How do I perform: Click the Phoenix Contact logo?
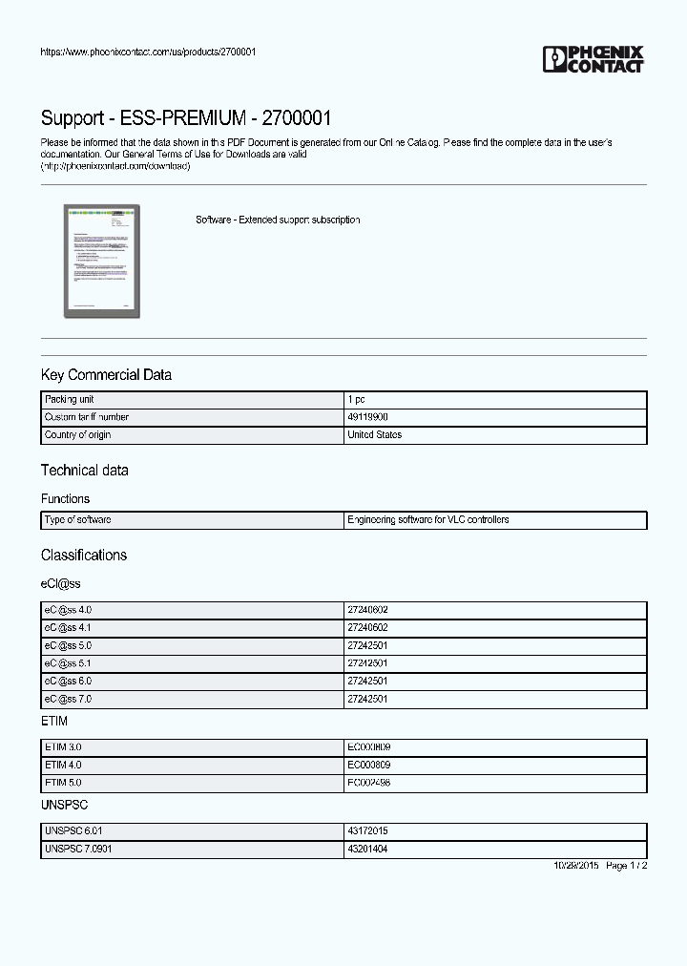[x=593, y=59]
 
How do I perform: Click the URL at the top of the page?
[x=148, y=52]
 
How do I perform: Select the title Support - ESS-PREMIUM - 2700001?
[x=186, y=118]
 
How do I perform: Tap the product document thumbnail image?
[x=103, y=261]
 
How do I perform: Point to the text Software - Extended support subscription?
[x=278, y=220]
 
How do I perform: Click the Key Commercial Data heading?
[x=106, y=375]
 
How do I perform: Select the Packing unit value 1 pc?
[x=356, y=399]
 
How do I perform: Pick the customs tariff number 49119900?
[x=367, y=417]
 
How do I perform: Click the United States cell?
[x=374, y=435]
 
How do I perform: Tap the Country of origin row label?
[x=77, y=435]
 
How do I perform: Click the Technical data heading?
[x=84, y=471]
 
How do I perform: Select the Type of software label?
[x=77, y=520]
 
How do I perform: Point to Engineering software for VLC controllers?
[x=427, y=520]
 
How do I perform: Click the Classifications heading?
[x=83, y=556]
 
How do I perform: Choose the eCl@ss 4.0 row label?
[x=68, y=610]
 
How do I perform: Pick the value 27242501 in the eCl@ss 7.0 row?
[x=367, y=700]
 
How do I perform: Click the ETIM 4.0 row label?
[x=63, y=766]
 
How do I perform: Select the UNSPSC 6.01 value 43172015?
[x=367, y=831]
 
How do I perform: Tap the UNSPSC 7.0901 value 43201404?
[x=367, y=850]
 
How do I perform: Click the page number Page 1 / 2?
[x=627, y=866]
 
